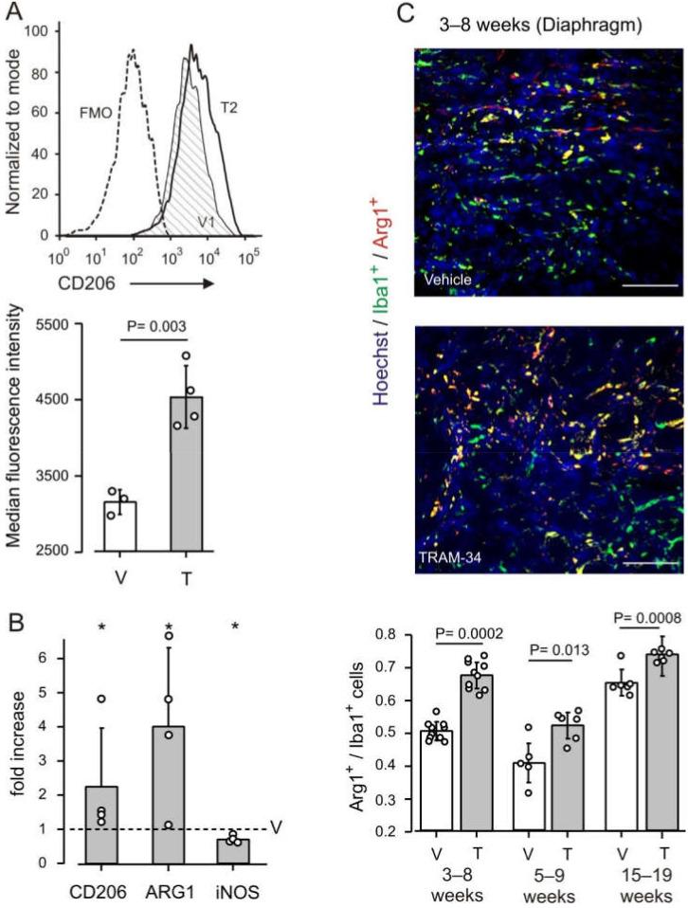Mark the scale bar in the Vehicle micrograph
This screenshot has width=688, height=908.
tap(650, 283)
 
